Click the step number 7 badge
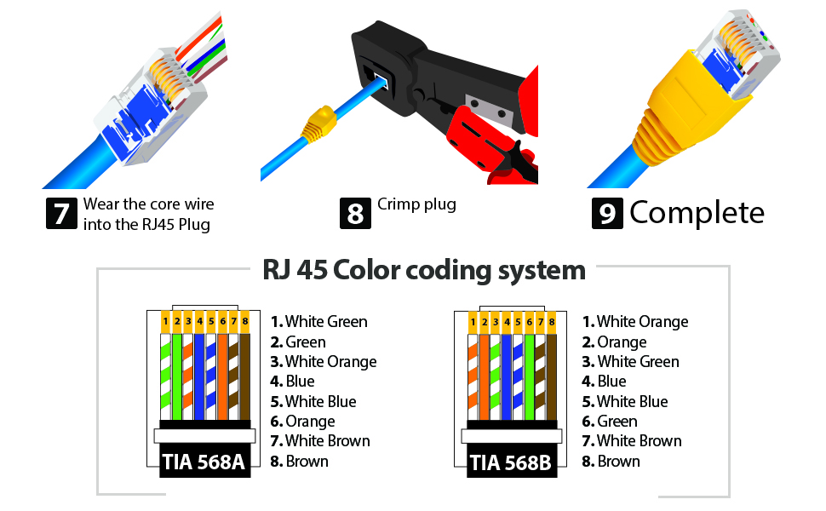[x=60, y=213]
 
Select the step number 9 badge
[x=607, y=213]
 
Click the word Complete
[x=697, y=213]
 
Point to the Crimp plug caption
[x=416, y=204]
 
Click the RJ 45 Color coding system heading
[x=423, y=270]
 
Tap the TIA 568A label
[x=204, y=462]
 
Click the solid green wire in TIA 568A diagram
[x=177, y=375]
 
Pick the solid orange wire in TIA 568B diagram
[x=485, y=375]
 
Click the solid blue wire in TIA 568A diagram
[x=200, y=375]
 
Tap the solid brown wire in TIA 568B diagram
[x=552, y=375]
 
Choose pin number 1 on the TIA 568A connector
[x=165, y=321]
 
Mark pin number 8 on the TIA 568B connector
[x=552, y=321]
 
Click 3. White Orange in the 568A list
[x=324, y=361]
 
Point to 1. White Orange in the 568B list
[x=634, y=321]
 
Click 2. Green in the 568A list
[x=298, y=342]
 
